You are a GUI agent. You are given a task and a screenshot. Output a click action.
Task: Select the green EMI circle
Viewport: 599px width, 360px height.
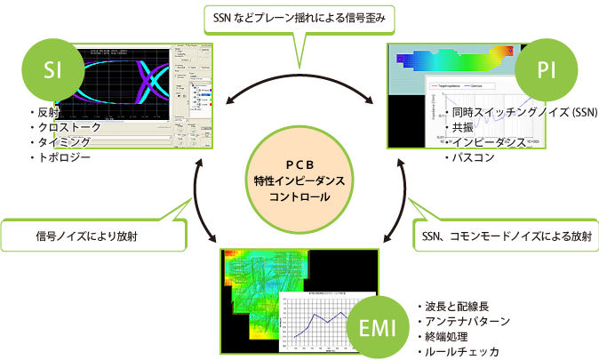pos(379,324)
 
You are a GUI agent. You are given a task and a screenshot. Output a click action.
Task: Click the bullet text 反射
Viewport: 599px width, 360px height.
pos(45,113)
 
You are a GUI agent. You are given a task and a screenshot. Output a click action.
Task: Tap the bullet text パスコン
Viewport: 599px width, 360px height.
pos(475,156)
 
